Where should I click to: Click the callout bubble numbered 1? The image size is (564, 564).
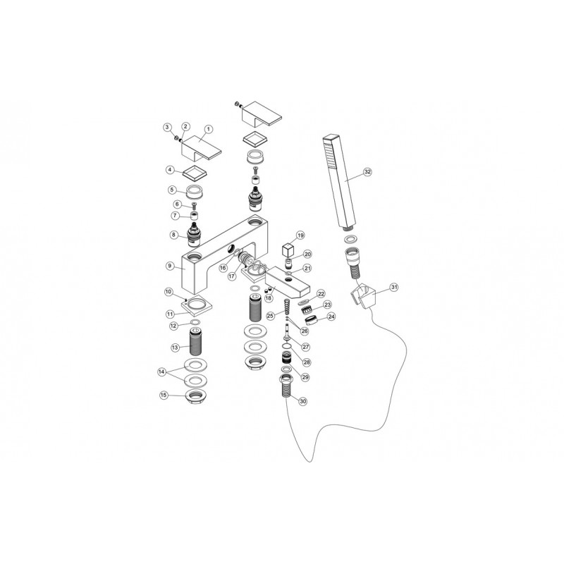coord(208,130)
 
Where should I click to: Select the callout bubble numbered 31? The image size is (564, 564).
coord(394,287)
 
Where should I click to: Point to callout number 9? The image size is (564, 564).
coord(170,266)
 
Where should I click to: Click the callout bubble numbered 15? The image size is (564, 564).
coord(164,396)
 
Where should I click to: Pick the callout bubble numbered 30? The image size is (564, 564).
coord(303,401)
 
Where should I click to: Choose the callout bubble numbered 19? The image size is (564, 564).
coord(300,235)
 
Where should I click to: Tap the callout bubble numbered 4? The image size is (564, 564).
coord(170,170)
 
